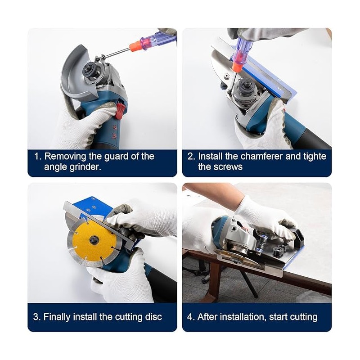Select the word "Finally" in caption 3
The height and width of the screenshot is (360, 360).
(59, 316)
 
